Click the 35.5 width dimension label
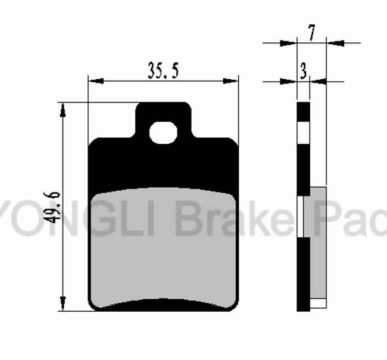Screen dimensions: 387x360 pos(163,70)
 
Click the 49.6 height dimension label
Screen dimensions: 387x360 pos(52,207)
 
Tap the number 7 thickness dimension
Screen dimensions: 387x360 pos(312,32)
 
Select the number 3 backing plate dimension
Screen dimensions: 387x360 pos(303,71)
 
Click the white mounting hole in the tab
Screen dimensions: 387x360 pos(163,133)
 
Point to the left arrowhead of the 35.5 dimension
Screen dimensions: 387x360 pos(96,81)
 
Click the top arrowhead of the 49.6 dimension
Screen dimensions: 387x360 pos(63,110)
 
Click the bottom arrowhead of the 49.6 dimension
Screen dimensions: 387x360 pos(63,303)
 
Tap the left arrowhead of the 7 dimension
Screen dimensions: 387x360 pos(288,44)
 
